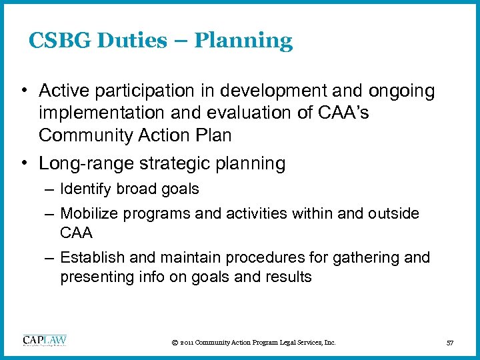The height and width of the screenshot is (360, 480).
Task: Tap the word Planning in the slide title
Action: click(x=245, y=41)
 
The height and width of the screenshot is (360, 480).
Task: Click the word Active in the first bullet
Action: click(x=63, y=90)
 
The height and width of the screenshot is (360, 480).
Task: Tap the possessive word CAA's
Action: click(x=344, y=113)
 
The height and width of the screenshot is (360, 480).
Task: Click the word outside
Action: click(x=396, y=214)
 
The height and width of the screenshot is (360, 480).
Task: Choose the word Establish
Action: click(x=89, y=258)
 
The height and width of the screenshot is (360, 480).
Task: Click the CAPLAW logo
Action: click(x=45, y=341)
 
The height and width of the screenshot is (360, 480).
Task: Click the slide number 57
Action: click(x=450, y=343)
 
